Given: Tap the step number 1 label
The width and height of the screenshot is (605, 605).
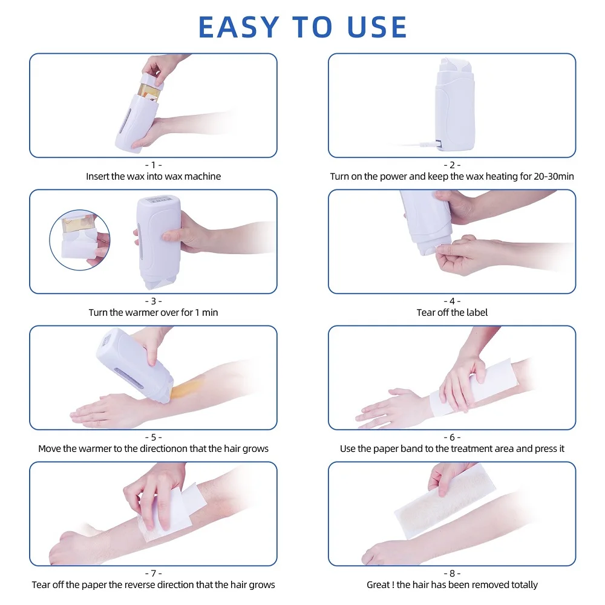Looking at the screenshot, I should [x=153, y=165].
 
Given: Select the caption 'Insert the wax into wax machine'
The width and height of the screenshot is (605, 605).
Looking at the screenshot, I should [x=153, y=177].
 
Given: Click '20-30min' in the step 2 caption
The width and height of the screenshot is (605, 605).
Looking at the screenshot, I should [x=550, y=177].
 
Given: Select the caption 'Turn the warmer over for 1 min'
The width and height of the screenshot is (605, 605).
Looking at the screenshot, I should [x=153, y=313].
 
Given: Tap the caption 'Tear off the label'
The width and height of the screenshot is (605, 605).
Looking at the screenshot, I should [x=452, y=313].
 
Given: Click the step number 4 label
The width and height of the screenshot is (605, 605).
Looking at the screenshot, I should [x=452, y=301].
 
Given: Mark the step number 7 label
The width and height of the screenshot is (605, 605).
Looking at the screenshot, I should [x=153, y=573].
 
